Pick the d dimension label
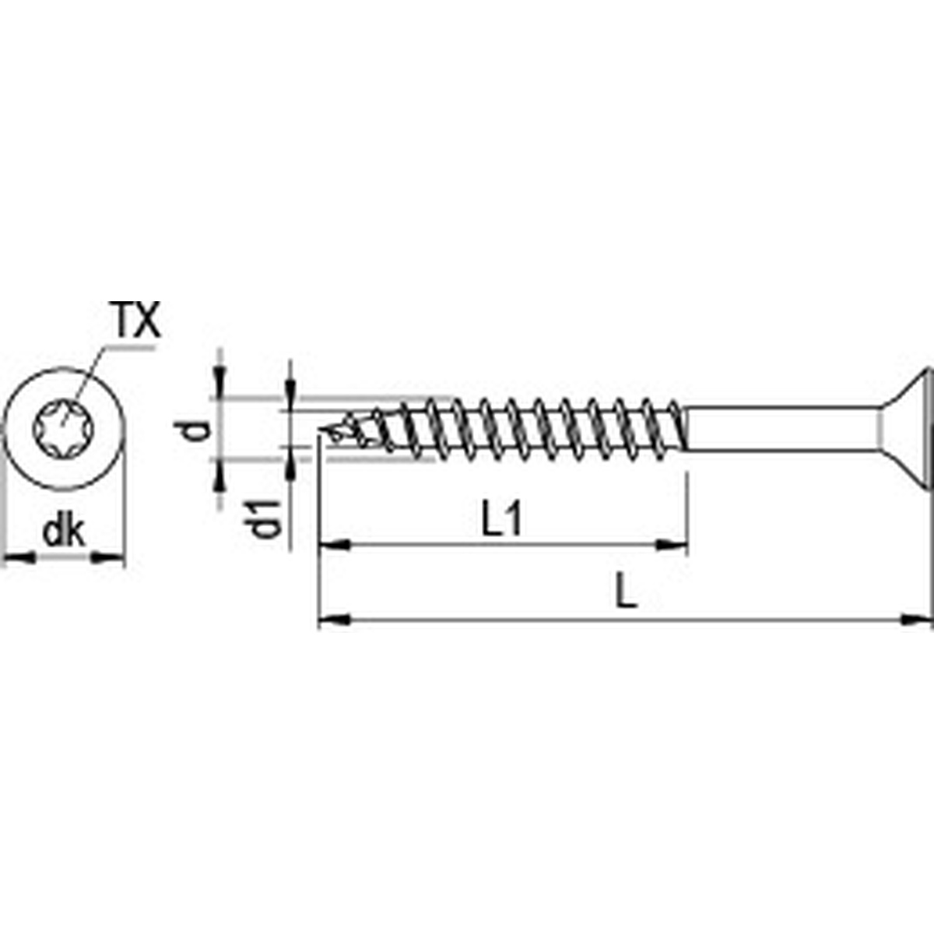199,429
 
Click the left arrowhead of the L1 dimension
332,546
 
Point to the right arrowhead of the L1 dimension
675,546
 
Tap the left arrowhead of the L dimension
332,620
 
